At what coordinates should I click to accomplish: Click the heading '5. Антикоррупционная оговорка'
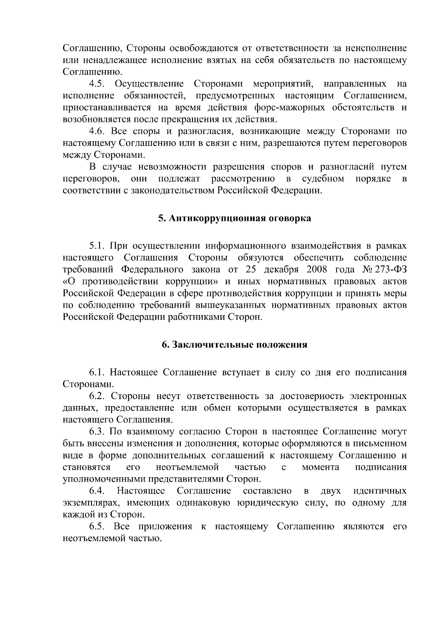tap(235, 219)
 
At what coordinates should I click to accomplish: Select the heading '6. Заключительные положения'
tap(235, 345)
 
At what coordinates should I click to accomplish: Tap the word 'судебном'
tap(323, 179)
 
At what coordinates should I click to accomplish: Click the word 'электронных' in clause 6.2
tap(378, 396)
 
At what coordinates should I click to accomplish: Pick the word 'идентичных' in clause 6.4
tap(380, 491)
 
